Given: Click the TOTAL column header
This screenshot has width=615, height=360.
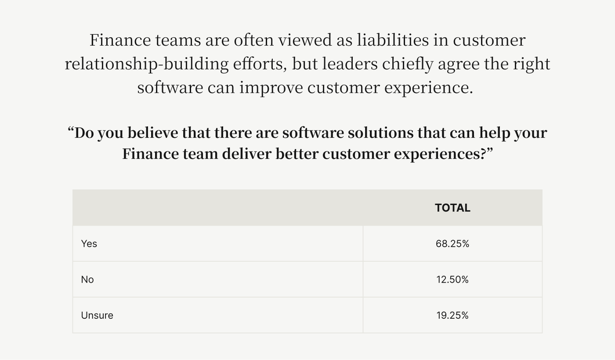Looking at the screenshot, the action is click(452, 208).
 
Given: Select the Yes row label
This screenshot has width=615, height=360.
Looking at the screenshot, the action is click(89, 244).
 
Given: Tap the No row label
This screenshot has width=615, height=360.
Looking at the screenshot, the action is click(87, 279).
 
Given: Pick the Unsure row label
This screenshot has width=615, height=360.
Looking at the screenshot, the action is click(97, 315).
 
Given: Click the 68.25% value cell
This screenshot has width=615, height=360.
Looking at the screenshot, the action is click(452, 244).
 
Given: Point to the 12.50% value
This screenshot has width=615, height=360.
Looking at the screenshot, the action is click(452, 279).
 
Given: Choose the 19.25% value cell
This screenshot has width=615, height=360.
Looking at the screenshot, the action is click(452, 315).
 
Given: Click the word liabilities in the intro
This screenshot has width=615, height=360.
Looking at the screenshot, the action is click(393, 40).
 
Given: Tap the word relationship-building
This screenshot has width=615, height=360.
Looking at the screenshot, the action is click(147, 64).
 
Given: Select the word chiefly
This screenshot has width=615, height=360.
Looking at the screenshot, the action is click(408, 64).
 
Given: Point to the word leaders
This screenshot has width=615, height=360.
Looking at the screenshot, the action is click(350, 64).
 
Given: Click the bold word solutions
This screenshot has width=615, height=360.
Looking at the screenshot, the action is click(380, 133).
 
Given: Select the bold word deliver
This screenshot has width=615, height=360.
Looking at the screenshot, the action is click(246, 154).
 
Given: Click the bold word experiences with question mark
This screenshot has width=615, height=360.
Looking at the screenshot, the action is click(440, 154).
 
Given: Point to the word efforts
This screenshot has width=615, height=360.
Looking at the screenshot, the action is click(260, 64).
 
